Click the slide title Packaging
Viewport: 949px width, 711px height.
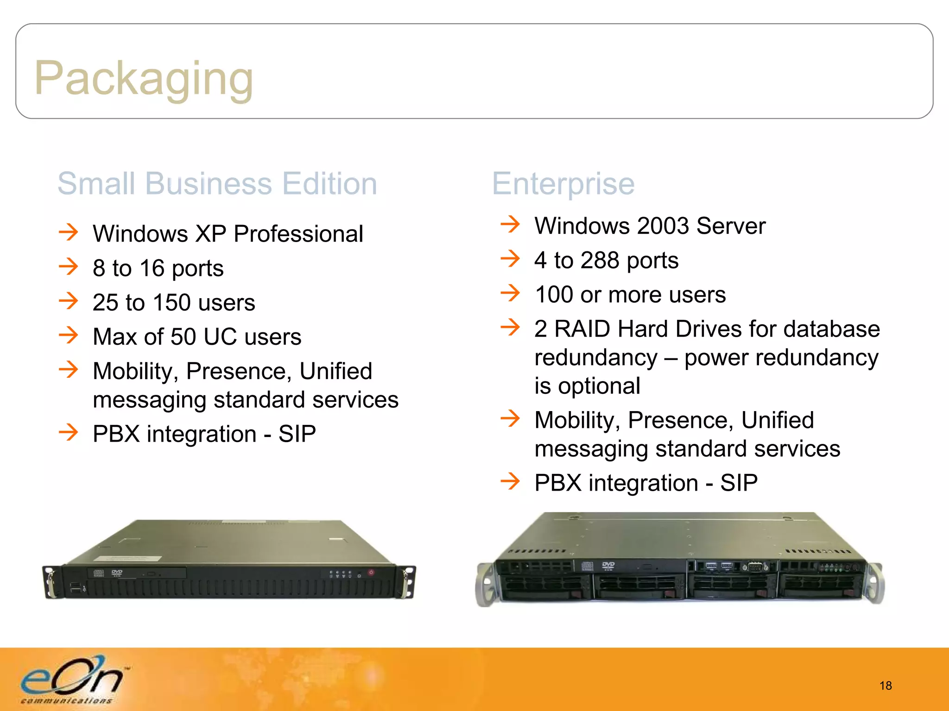(x=144, y=79)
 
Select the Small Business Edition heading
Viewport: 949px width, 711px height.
(x=217, y=184)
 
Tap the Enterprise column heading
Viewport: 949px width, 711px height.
(x=563, y=184)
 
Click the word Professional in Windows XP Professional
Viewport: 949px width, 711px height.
(x=298, y=234)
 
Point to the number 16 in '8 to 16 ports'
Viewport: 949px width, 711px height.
(x=152, y=268)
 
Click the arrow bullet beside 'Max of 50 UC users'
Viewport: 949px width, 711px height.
(x=69, y=335)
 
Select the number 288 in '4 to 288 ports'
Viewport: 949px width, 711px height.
(x=600, y=260)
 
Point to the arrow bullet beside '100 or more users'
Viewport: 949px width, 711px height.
(x=511, y=293)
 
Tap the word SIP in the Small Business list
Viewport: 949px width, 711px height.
(x=297, y=434)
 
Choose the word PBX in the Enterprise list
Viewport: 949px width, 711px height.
(x=557, y=483)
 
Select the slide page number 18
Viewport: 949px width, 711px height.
(x=886, y=686)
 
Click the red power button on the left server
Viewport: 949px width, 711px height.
(x=371, y=573)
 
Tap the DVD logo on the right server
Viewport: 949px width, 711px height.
(x=608, y=565)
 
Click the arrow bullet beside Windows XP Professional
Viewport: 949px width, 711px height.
(x=69, y=232)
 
